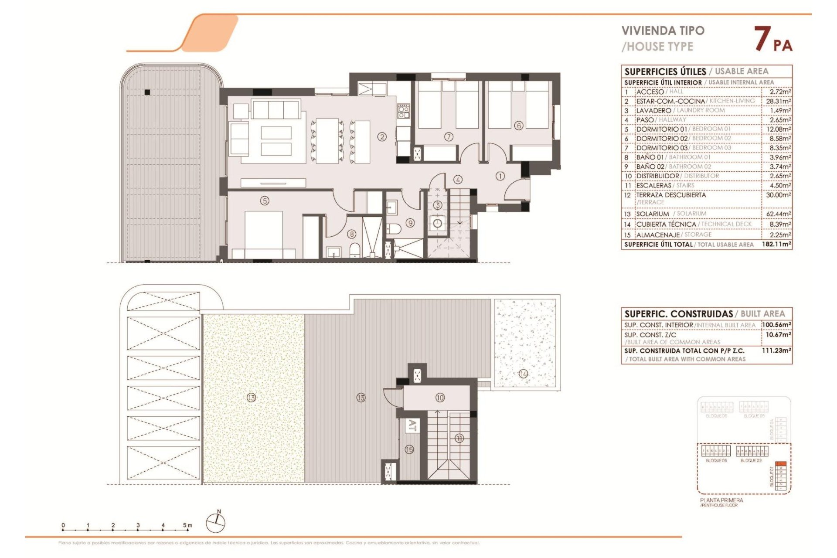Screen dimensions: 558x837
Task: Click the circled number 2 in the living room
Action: pyautogui.click(x=382, y=137)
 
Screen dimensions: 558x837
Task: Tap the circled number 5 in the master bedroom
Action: pyautogui.click(x=265, y=201)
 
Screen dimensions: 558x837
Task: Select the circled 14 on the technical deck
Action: pyautogui.click(x=523, y=374)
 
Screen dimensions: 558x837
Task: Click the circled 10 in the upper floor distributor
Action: pyautogui.click(x=440, y=398)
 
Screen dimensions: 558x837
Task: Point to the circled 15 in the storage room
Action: pyautogui.click(x=409, y=449)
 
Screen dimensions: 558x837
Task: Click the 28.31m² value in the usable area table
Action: pyautogui.click(x=779, y=101)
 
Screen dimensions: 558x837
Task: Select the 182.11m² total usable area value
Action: pyautogui.click(x=776, y=245)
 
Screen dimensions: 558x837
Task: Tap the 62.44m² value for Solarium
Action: pyautogui.click(x=779, y=214)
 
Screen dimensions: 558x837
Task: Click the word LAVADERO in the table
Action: pyautogui.click(x=653, y=111)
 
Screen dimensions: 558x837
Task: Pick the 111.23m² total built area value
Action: pyautogui.click(x=776, y=350)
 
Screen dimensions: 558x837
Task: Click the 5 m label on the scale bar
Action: pyautogui.click(x=187, y=525)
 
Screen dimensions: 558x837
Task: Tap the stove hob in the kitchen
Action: pyautogui.click(x=403, y=112)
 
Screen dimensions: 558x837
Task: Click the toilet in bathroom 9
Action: pyautogui.click(x=394, y=229)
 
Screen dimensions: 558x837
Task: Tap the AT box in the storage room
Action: pyautogui.click(x=412, y=425)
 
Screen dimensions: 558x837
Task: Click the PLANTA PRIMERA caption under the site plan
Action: pyautogui.click(x=721, y=500)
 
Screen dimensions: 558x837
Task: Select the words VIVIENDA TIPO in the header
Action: pyautogui.click(x=663, y=31)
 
